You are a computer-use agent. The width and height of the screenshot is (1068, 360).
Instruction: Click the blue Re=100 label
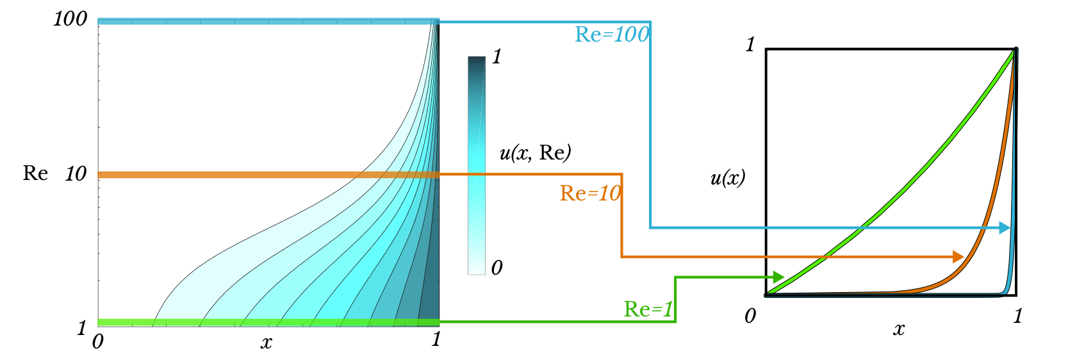pos(612,35)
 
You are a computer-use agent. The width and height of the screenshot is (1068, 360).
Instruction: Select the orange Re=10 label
pos(590,193)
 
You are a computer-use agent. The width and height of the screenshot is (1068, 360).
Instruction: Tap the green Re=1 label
pos(648,309)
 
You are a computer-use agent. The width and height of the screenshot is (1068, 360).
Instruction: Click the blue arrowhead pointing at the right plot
pos(1005,227)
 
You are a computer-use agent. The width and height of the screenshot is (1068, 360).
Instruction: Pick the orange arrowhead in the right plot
pos(958,256)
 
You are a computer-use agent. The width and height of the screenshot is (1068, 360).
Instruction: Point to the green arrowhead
pos(778,277)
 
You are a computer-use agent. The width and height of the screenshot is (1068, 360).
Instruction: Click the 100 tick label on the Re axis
pos(70,19)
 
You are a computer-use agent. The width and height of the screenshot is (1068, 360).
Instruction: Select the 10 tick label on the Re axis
pos(76,174)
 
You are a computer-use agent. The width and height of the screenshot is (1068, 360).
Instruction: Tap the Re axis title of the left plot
pos(35,173)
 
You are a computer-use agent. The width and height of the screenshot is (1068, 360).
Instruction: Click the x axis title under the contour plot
pos(267,342)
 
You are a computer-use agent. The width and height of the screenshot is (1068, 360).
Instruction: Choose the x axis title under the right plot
pos(899,329)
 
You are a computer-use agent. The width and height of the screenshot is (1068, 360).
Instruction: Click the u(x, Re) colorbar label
pos(536,152)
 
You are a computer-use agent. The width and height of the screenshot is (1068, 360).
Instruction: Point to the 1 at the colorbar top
pos(497,57)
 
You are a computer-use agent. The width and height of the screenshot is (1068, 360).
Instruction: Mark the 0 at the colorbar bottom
pos(497,268)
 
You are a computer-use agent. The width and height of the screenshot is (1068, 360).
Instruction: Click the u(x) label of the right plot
pos(728,178)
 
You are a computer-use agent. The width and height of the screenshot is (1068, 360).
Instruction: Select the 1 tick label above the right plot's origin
pos(750,44)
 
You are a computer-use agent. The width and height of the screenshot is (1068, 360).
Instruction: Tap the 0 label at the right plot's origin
pos(750,316)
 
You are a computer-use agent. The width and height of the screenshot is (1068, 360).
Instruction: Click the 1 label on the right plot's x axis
pos(1017,316)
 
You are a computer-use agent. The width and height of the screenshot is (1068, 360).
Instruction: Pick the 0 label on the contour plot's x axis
pos(98,341)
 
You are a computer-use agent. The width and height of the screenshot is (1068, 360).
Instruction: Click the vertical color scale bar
pos(476,165)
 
